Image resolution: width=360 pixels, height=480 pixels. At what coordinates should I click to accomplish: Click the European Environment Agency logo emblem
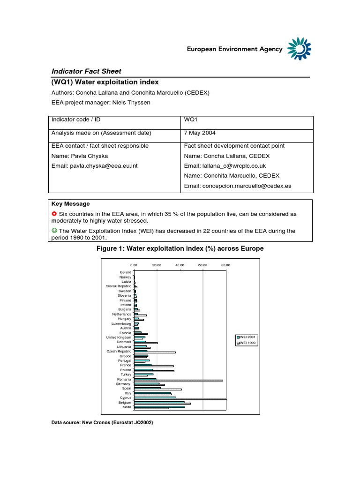(299, 49)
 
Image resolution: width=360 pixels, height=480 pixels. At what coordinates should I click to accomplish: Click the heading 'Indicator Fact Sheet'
(86, 71)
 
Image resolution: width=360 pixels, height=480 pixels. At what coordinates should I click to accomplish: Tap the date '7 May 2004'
(200, 133)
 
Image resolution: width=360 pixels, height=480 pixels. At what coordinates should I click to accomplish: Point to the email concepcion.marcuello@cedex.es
(238, 186)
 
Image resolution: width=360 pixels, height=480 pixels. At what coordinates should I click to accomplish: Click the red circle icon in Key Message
(54, 214)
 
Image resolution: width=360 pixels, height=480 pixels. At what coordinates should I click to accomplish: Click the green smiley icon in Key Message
(54, 231)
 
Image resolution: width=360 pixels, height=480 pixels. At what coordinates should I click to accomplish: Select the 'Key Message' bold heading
(71, 204)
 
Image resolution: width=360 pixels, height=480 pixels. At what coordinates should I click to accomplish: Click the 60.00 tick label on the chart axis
(202, 265)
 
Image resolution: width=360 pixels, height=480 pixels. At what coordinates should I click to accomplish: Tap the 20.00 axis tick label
(157, 265)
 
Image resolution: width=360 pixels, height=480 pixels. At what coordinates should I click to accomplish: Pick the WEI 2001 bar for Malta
(159, 406)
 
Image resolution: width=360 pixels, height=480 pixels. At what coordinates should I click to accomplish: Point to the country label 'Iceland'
(126, 272)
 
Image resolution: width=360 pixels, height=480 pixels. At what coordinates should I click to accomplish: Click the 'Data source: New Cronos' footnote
(102, 422)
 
